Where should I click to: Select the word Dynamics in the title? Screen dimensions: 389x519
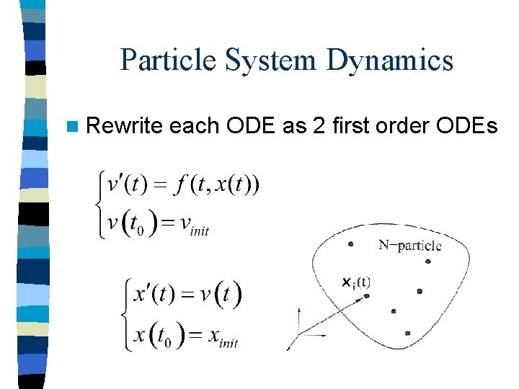pos(389,59)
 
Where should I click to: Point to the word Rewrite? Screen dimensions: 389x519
pos(124,126)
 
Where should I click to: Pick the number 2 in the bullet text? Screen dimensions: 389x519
pos(321,126)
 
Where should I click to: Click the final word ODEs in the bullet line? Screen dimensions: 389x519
pos(469,126)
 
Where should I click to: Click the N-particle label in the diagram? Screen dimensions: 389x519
pos(409,245)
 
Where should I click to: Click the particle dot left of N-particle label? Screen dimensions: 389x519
pos(350,244)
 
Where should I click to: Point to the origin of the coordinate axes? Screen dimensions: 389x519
pos(300,334)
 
